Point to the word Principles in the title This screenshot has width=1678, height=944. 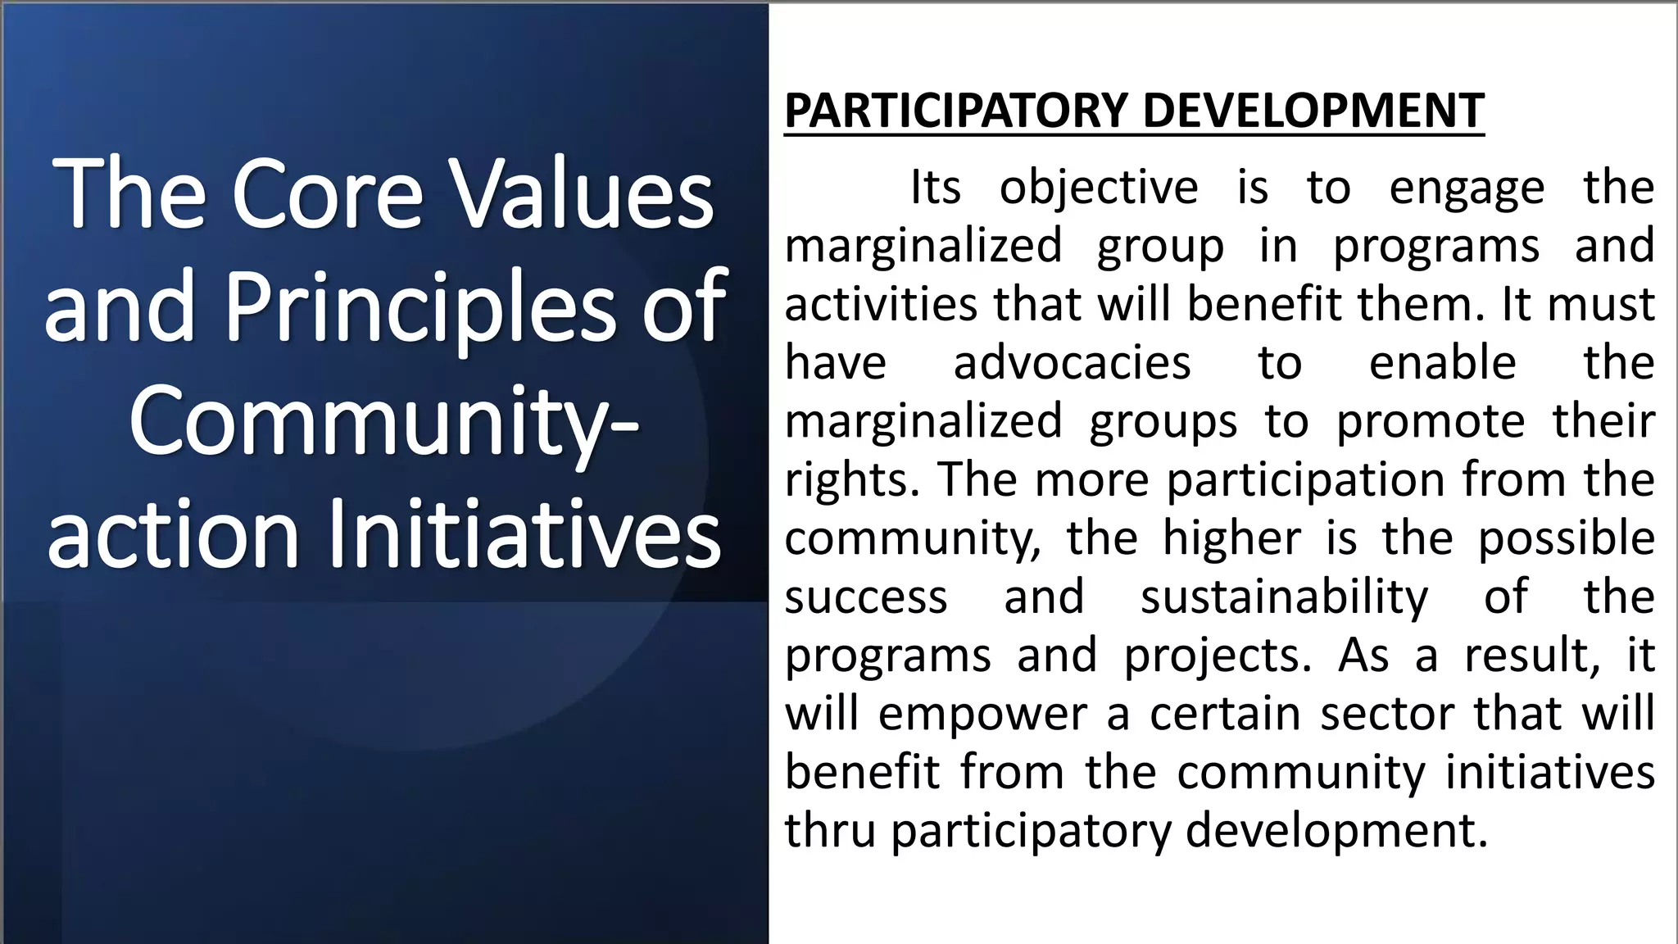click(x=419, y=308)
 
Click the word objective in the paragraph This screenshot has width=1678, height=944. click(x=1098, y=188)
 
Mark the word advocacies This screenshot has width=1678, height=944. click(x=1072, y=362)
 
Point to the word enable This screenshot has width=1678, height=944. click(x=1442, y=362)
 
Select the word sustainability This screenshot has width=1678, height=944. click(x=1284, y=597)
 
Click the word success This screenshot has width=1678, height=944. click(x=865, y=597)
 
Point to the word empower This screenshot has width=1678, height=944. click(x=982, y=715)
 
